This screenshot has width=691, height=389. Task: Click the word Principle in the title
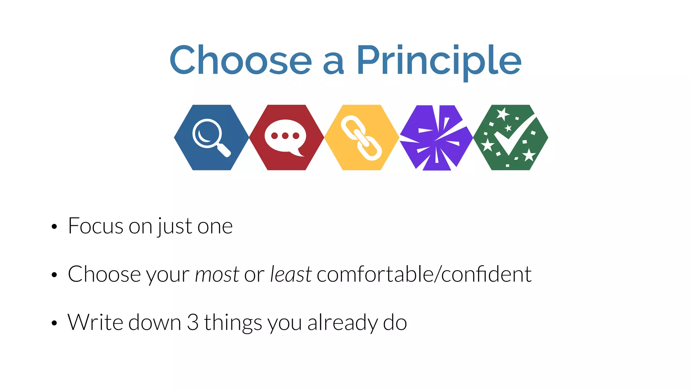point(439,61)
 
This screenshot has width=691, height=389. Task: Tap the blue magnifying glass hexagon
point(212,137)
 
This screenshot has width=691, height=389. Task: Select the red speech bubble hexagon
point(286,137)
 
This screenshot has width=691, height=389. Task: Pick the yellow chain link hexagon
point(361,137)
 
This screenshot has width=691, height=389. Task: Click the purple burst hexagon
point(436,137)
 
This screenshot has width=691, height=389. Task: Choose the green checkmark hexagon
point(511,137)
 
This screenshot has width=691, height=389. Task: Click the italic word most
point(217,274)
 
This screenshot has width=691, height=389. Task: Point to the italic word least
point(291,274)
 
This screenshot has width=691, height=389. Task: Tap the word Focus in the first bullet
point(95,226)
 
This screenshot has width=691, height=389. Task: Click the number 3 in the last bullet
point(193,322)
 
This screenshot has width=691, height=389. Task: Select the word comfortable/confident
point(424,274)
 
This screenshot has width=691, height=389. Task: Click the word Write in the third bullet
point(95,322)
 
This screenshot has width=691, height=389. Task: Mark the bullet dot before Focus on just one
point(54,227)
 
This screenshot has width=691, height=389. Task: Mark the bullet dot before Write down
point(54,323)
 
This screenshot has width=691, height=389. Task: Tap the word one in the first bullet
point(215,227)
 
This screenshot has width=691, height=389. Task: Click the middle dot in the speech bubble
point(285,136)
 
